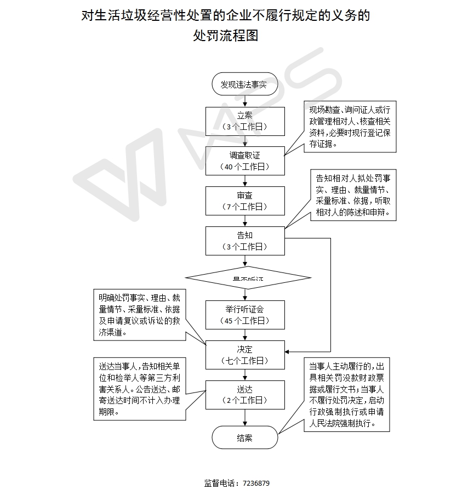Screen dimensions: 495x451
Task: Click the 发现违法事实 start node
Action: click(x=244, y=84)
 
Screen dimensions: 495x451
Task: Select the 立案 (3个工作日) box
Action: click(x=245, y=121)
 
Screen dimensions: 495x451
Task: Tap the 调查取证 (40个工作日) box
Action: click(x=245, y=161)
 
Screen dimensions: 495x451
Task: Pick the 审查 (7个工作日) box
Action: click(x=245, y=201)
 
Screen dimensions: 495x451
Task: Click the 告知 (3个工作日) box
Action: click(x=245, y=241)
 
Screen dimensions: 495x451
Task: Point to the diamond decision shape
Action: click(x=248, y=278)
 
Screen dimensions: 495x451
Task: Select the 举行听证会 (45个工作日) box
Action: click(x=245, y=315)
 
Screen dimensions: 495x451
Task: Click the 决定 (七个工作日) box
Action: click(x=245, y=355)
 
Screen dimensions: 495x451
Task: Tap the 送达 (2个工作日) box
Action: click(x=245, y=395)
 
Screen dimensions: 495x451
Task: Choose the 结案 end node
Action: click(x=244, y=437)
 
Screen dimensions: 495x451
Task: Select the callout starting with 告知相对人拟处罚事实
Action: click(x=353, y=195)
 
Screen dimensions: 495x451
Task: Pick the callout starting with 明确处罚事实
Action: click(x=139, y=315)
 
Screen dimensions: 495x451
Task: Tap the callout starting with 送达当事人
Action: click(x=139, y=389)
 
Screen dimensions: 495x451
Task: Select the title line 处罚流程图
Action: click(x=225, y=36)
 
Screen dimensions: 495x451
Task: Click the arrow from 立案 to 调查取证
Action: click(x=245, y=141)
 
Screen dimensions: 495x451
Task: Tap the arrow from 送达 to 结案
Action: click(x=245, y=417)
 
